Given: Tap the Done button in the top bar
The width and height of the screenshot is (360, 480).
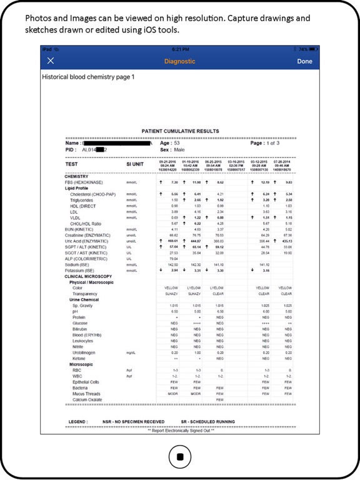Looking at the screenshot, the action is pos(304,61).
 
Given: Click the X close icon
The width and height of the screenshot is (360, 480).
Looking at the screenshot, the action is pos(51,61).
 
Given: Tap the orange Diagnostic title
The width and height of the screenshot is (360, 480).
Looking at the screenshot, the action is pos(180,61).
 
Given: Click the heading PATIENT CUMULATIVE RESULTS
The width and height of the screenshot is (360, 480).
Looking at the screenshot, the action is pos(180,131).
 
